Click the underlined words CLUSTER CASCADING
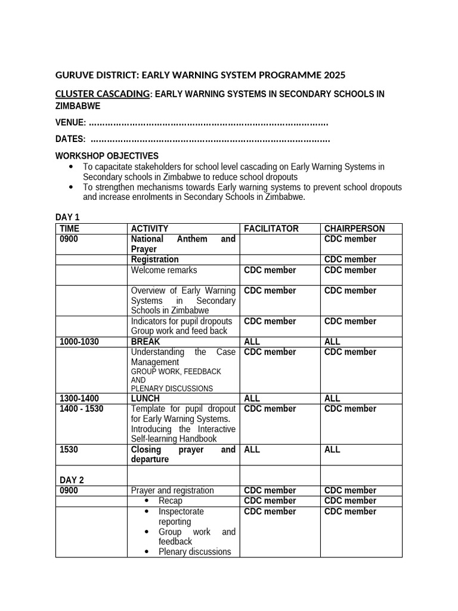point(102,94)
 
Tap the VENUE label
point(70,123)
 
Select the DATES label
point(70,140)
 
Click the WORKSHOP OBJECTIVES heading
point(107,156)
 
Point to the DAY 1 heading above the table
point(67,217)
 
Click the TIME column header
point(69,229)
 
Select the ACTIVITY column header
point(150,229)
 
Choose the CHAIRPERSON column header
point(355,229)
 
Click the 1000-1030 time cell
point(79,342)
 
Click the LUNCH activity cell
point(144,398)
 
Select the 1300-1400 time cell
point(79,398)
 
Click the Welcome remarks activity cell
point(164,270)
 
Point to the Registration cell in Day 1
point(154,260)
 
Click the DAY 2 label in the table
point(72,480)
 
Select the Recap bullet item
point(171,501)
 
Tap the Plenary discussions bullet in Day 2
point(194,552)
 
